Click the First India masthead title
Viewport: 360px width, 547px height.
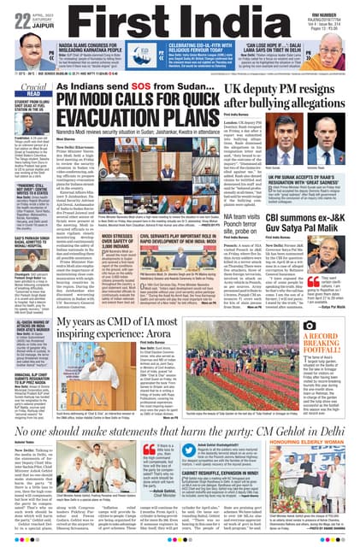point(179,18)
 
